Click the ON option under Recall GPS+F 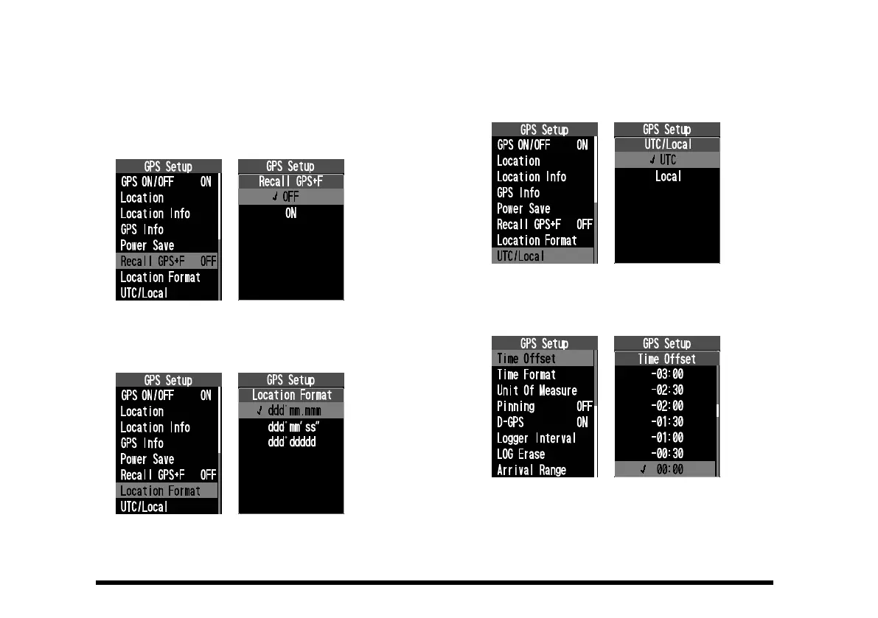coord(290,214)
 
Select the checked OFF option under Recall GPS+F coord(290,197)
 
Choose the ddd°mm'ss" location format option coord(293,427)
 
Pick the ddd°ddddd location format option coord(293,443)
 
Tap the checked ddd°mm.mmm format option coord(293,411)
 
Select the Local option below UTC coord(668,177)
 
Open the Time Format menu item coord(526,375)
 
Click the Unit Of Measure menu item coord(537,390)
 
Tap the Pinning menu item coord(516,407)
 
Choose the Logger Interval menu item coord(536,438)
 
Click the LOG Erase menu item coord(520,454)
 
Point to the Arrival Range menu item coord(531,470)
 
